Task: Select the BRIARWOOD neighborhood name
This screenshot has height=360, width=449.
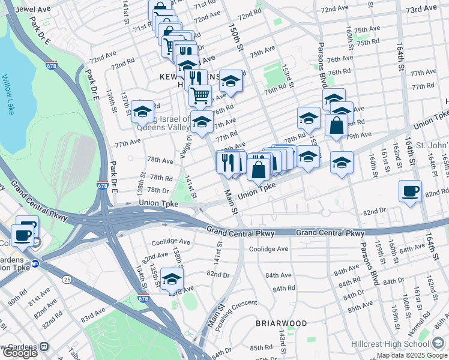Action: coord(281,323)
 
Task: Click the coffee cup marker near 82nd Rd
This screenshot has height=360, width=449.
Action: coord(410,191)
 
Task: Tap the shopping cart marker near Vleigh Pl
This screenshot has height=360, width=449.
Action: coord(200,95)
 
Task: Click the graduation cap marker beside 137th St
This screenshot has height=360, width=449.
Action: coord(142,112)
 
